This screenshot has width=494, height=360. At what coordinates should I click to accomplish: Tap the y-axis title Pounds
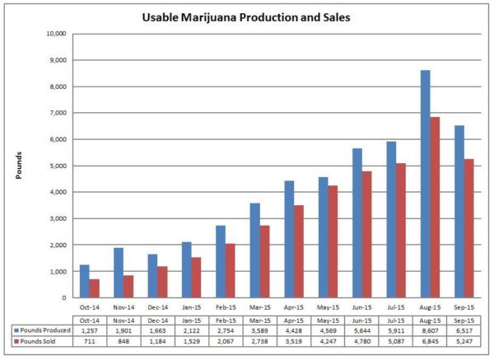coord(17,166)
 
